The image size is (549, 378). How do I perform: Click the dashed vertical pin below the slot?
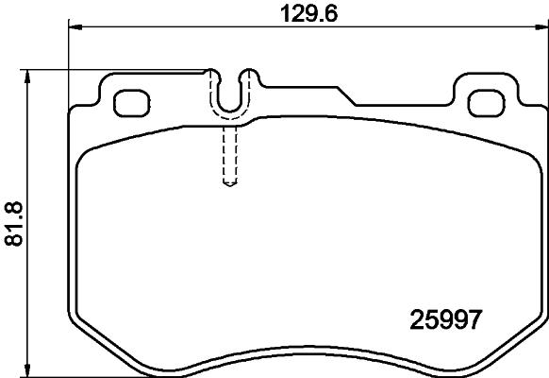coord(227,156)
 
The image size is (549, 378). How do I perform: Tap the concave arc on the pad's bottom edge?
coord(308,358)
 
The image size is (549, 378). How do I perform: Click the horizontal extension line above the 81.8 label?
coord(113,69)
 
